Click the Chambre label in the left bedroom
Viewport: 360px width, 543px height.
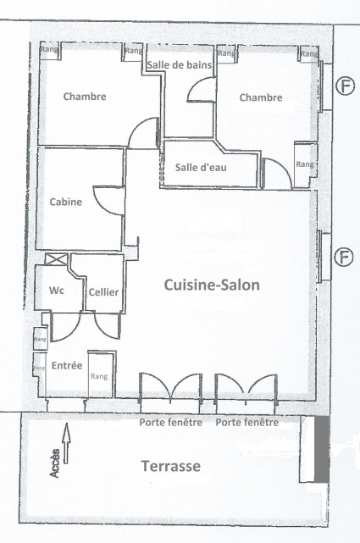[85, 97]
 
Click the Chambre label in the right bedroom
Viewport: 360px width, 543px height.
[260, 97]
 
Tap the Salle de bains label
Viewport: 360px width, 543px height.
[180, 65]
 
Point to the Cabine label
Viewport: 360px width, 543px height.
[66, 202]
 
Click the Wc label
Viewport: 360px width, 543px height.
[57, 290]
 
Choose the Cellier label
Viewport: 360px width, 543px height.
[103, 292]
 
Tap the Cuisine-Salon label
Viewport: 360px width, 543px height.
[211, 285]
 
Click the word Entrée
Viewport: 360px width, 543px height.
[67, 366]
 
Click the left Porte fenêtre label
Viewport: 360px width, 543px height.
[170, 423]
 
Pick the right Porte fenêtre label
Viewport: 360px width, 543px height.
[247, 423]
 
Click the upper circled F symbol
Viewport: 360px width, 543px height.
[344, 86]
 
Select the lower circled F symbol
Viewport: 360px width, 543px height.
[344, 257]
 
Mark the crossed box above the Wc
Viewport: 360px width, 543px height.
[57, 260]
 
